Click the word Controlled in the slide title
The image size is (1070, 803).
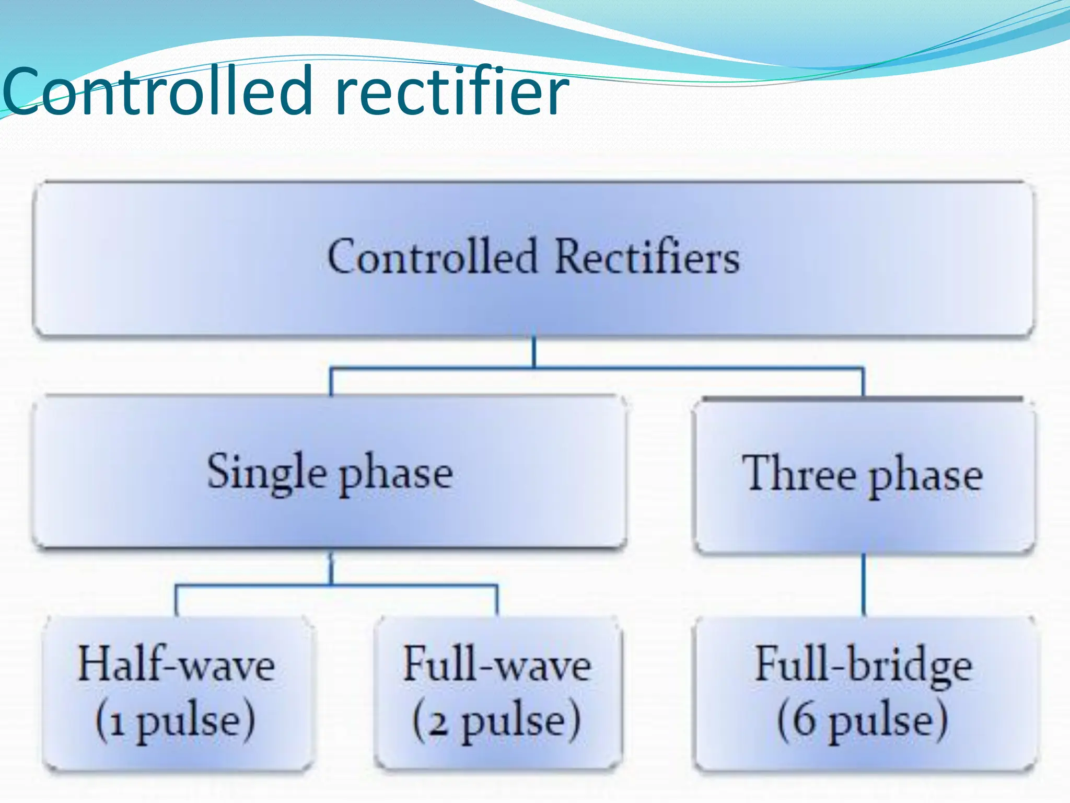[157, 91]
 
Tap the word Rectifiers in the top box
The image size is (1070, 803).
[647, 257]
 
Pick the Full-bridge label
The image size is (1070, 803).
[863, 665]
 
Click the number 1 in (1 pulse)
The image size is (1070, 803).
[117, 724]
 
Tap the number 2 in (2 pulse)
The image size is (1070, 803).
[438, 724]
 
